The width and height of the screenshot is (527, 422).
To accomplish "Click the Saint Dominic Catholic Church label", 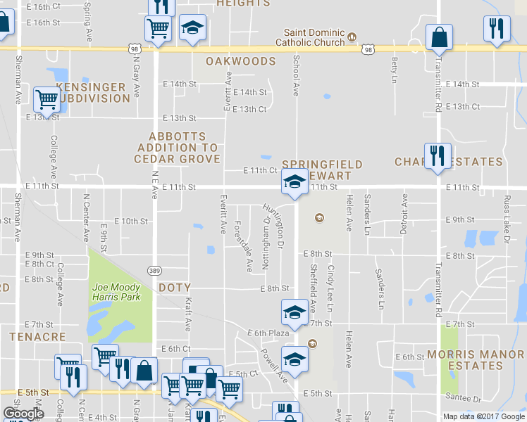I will (314, 37).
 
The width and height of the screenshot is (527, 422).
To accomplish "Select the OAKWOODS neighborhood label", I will (240, 61).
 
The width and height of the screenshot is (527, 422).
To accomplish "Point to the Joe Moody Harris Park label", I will (116, 292).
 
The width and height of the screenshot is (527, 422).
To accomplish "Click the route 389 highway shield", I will (154, 270).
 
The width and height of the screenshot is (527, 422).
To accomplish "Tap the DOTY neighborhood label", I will (174, 288).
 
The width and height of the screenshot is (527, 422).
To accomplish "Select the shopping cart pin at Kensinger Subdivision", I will (46, 99).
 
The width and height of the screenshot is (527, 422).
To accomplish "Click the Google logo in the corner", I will (23, 414).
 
